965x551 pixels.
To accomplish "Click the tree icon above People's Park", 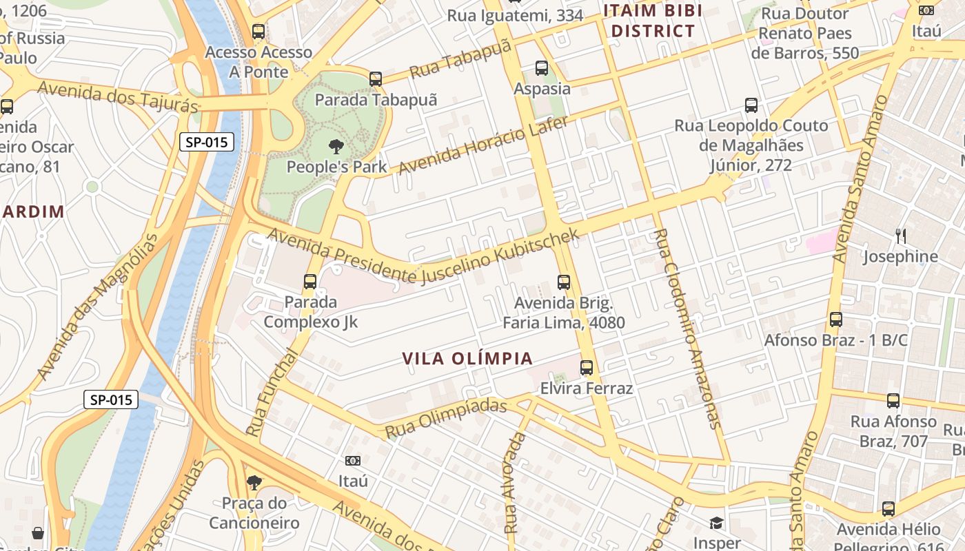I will point(336,146).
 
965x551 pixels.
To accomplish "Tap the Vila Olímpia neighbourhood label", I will point(467,359).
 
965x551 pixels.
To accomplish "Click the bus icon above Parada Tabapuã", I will point(376,79).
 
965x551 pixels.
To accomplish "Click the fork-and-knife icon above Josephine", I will point(901,236).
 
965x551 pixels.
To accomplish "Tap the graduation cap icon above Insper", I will point(717,523).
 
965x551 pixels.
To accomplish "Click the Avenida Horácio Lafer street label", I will point(483,145).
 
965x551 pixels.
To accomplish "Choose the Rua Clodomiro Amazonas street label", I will point(687,329).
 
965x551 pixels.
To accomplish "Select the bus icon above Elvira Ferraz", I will point(587,368).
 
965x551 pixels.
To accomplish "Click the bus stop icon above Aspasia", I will point(542,68).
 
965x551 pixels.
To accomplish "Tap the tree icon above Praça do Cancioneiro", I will point(254,482).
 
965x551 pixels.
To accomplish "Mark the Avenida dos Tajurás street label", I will point(118,97).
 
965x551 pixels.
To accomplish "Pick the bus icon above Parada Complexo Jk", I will point(310,281).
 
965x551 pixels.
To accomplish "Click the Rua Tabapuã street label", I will point(460,59).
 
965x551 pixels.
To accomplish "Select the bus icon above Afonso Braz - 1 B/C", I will point(836,320).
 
